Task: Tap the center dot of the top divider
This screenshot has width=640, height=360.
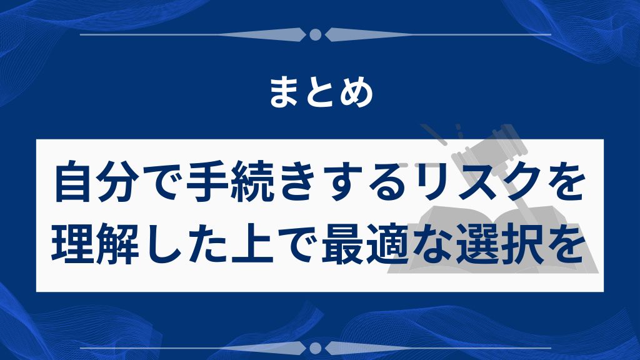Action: pos(316,34)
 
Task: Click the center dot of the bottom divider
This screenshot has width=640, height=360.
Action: pos(316,347)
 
